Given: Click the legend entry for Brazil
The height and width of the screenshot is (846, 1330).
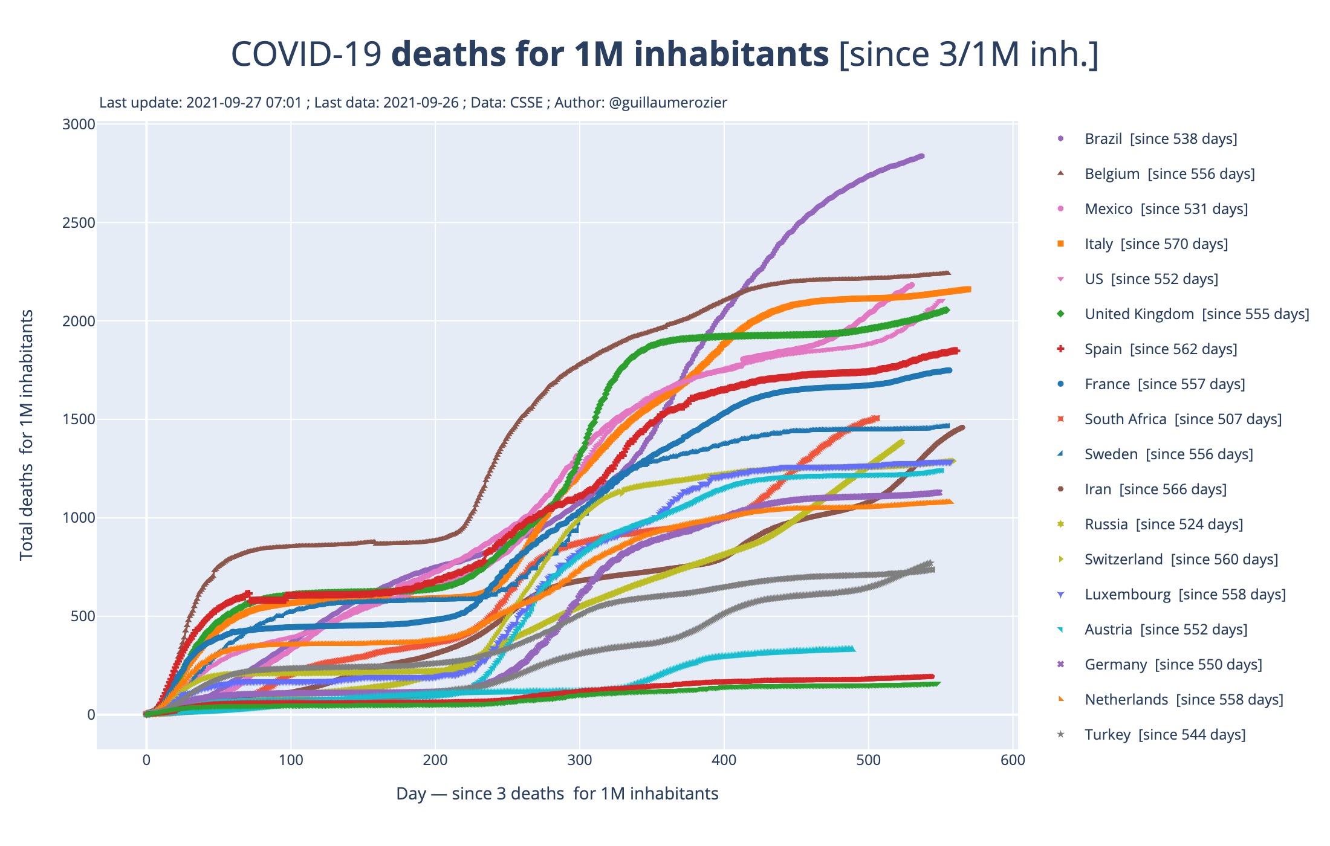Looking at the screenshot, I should (1160, 139).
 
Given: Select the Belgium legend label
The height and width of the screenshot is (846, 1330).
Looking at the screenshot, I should (1169, 174).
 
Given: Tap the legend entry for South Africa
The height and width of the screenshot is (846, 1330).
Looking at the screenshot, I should (1182, 419).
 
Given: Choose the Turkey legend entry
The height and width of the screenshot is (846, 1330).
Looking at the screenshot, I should (1164, 735).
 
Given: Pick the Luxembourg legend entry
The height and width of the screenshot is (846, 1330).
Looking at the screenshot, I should (1185, 595).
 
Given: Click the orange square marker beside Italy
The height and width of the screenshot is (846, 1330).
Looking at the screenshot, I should (1060, 244).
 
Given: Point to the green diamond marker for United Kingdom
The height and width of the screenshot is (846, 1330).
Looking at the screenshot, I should (1060, 314).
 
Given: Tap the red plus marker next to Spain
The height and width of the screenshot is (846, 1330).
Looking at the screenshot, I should (1060, 349).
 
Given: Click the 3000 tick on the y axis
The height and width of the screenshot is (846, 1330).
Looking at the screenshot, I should (79, 124).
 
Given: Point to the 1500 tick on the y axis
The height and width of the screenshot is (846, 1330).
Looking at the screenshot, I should (79, 419).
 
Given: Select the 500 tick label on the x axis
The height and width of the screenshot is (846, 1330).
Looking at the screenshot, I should (868, 760).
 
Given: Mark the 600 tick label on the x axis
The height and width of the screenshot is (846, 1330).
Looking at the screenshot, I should (1013, 760).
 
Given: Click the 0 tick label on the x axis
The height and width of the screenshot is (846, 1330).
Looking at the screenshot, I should (146, 760).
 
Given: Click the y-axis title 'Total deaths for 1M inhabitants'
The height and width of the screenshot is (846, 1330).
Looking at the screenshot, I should (27, 435).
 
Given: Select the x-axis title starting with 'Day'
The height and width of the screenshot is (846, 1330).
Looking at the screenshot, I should (557, 793).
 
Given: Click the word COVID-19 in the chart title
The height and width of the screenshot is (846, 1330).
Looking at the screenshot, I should (306, 54).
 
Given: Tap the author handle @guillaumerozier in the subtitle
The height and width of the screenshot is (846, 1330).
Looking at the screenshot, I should (667, 103).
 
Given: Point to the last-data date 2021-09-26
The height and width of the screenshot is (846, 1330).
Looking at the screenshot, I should (421, 103).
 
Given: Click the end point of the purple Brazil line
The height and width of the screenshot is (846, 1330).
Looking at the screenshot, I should (921, 157).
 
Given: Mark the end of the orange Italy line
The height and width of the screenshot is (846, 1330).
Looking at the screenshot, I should (968, 289).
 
